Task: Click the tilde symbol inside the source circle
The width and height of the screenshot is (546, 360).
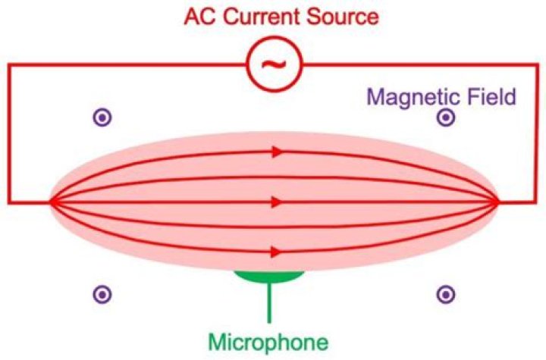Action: tap(275, 64)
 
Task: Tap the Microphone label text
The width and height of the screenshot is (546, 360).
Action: tap(268, 342)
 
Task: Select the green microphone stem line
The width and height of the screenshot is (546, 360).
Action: tap(268, 302)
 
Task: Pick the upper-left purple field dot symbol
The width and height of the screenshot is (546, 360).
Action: tap(102, 117)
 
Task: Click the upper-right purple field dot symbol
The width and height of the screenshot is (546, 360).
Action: tap(446, 117)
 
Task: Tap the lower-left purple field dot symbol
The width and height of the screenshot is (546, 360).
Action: tap(102, 295)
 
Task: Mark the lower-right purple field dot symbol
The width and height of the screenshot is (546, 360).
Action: tap(446, 295)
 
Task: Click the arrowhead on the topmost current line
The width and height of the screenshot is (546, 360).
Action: tap(278, 152)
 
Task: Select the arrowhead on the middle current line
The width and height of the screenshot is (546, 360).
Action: tap(278, 202)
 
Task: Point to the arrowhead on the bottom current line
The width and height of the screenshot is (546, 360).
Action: tap(278, 252)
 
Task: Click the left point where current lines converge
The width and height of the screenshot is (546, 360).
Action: tap(52, 202)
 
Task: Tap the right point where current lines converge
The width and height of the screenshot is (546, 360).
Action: tap(497, 202)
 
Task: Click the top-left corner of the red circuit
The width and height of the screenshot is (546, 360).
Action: tap(9, 64)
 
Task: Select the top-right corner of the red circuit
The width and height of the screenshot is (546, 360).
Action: tap(537, 64)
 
